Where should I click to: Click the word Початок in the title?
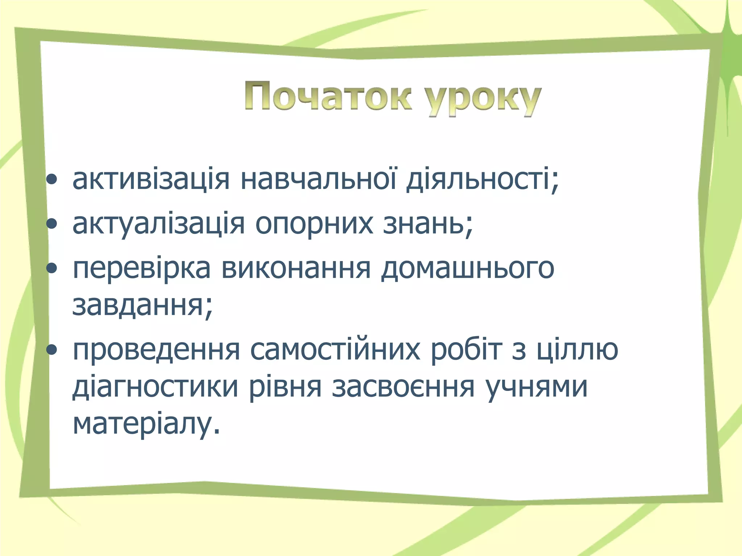(328, 96)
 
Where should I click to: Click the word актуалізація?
(159, 223)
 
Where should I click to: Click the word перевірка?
(141, 269)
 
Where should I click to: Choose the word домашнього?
(467, 269)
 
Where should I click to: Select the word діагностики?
(155, 387)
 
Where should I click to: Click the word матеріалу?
(146, 424)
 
